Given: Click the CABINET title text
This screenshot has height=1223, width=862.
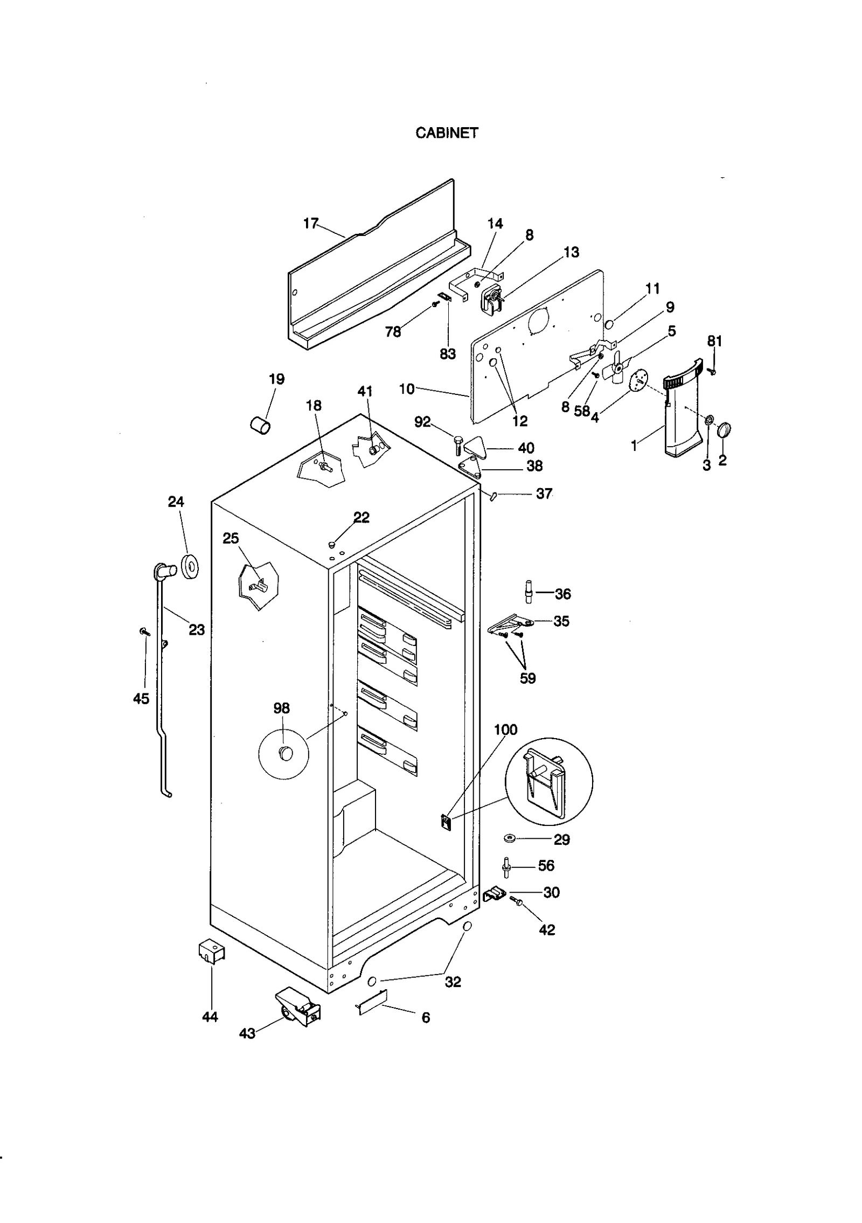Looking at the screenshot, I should (x=447, y=133).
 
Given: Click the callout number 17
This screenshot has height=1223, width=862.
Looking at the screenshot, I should (x=311, y=223).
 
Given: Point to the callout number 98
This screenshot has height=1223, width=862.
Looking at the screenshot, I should (x=281, y=708).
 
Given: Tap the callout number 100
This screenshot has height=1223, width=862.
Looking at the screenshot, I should (x=505, y=730).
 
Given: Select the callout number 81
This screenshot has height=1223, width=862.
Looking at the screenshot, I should (x=714, y=341).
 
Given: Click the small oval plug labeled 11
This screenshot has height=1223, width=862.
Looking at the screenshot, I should (x=609, y=325).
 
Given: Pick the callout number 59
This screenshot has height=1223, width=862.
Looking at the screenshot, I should (x=527, y=678).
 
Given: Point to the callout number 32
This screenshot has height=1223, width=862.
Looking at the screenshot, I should (x=453, y=982).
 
